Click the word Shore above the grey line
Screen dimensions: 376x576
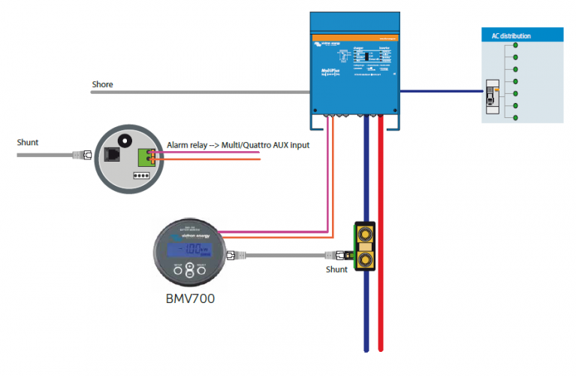click(x=102, y=84)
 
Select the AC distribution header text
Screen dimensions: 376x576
click(x=511, y=35)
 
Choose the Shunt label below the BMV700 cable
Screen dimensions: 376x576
click(x=336, y=269)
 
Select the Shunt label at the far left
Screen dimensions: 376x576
click(x=28, y=141)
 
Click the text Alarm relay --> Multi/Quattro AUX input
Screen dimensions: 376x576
click(x=237, y=145)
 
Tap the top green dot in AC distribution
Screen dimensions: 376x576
click(x=516, y=47)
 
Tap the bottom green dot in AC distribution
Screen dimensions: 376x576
click(x=516, y=117)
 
